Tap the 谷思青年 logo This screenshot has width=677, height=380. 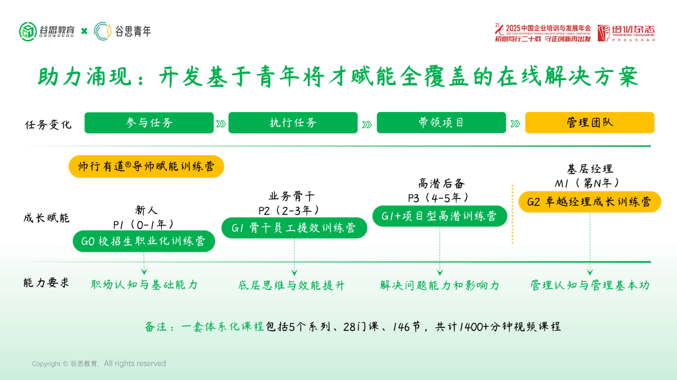click(x=123, y=31)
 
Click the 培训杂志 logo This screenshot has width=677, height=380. click(x=626, y=33)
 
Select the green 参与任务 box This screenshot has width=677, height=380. click(x=149, y=123)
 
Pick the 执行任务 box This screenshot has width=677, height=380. click(x=293, y=123)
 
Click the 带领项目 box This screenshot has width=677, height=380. click(x=441, y=123)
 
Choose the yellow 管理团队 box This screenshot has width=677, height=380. click(x=589, y=123)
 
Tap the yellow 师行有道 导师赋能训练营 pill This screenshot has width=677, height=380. click(x=146, y=167)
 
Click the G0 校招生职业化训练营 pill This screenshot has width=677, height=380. click(x=144, y=241)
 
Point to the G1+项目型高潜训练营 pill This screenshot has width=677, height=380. click(x=439, y=215)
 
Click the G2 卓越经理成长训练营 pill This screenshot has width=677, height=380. click(x=589, y=202)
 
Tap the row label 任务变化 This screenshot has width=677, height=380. click(x=48, y=124)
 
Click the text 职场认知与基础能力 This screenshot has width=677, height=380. click(x=144, y=285)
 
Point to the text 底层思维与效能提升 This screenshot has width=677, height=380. click(x=291, y=285)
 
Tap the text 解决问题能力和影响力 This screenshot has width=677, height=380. click(x=439, y=285)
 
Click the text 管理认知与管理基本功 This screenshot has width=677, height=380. click(x=590, y=285)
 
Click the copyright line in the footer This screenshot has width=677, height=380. click(x=99, y=364)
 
